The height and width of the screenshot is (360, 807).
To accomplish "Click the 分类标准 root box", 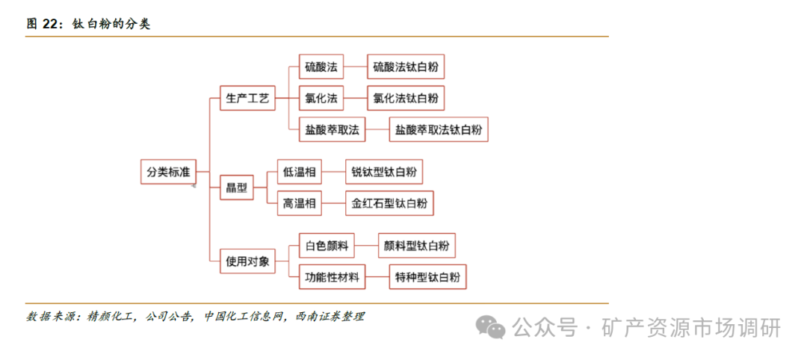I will [x=168, y=173].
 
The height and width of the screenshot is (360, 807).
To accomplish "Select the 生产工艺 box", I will [x=247, y=98].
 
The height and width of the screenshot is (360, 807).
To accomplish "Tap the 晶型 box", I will [x=236, y=187].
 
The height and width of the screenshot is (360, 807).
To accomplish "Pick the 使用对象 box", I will [x=247, y=261].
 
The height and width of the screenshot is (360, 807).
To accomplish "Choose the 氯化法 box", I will [x=321, y=98].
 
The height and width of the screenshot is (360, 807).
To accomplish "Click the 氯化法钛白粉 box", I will [x=406, y=98].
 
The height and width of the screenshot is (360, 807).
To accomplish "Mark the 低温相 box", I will [x=299, y=173].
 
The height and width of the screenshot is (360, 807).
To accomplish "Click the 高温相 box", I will [x=299, y=202].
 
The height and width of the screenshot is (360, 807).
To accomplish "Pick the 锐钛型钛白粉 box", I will [x=384, y=173].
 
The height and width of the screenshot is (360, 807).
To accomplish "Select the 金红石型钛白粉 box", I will [x=389, y=202].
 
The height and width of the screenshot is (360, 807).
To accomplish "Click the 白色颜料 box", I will [x=326, y=246].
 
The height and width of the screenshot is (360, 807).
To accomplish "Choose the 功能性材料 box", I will [x=332, y=277].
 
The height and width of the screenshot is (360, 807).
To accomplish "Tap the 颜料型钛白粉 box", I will [x=416, y=246].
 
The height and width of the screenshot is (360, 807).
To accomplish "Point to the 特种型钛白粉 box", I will [x=427, y=277].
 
